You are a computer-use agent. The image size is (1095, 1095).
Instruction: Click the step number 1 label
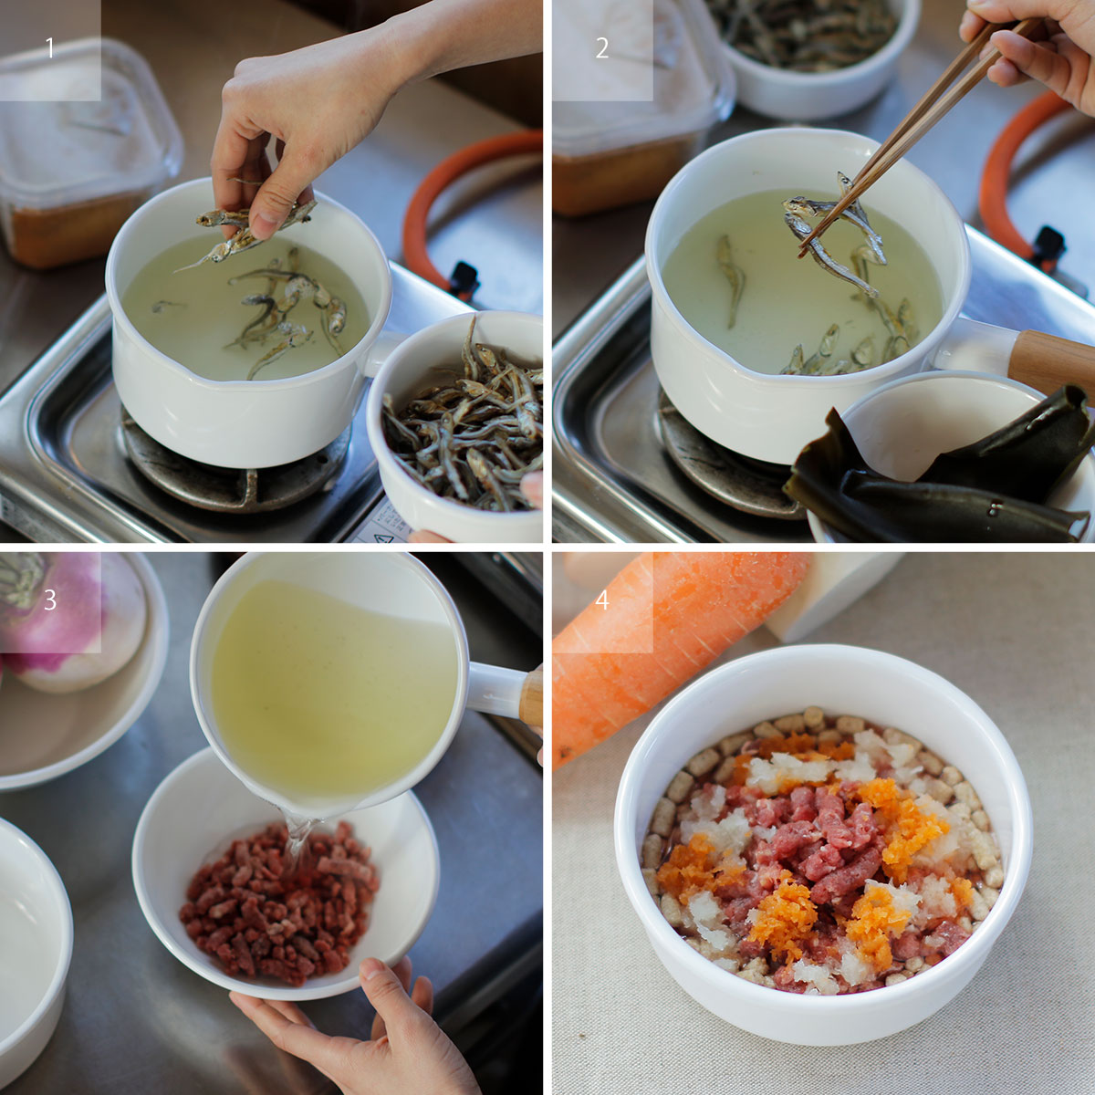(50, 48)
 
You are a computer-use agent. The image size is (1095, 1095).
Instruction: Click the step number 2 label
(602, 48)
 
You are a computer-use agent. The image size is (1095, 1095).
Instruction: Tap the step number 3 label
(50, 600)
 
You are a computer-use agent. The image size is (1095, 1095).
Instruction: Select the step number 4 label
(602, 600)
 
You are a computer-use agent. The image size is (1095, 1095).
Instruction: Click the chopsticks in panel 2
(915, 135)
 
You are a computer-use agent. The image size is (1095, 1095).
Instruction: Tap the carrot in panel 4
(671, 653)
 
